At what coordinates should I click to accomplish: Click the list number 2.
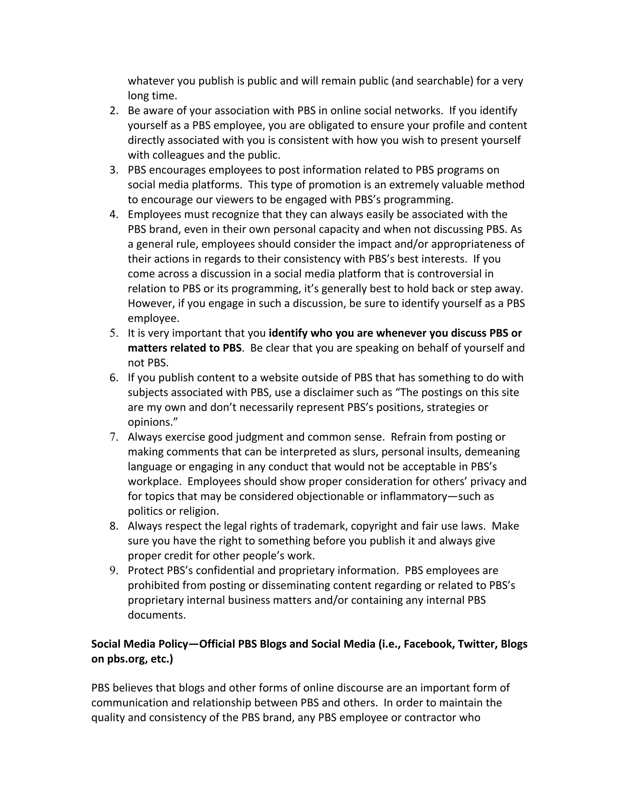(x=114, y=111)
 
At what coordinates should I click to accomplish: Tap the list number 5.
(x=114, y=334)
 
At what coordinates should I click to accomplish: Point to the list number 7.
(x=114, y=437)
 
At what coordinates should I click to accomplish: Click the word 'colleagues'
(x=178, y=155)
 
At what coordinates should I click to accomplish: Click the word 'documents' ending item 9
(x=157, y=615)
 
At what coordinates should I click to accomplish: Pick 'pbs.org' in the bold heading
(x=127, y=659)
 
